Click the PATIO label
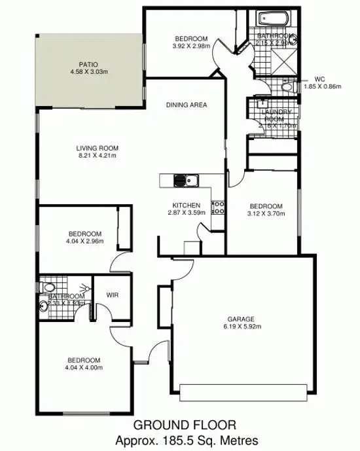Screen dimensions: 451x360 tap(88, 63)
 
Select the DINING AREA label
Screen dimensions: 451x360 tap(187, 105)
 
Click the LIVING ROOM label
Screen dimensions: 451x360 tap(96, 148)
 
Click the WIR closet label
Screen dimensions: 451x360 tap(113, 295)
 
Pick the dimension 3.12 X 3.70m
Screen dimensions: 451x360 tap(265, 213)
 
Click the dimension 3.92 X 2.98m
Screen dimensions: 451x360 tap(191, 46)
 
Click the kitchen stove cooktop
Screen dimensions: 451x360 tap(220, 207)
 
